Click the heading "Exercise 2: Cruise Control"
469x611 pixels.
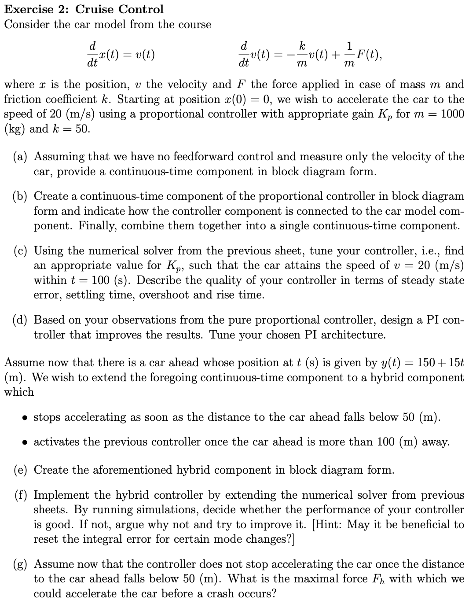(84, 9)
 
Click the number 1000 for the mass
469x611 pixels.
(452, 114)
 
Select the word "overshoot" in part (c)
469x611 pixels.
(166, 295)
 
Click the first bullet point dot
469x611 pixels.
(25, 417)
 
